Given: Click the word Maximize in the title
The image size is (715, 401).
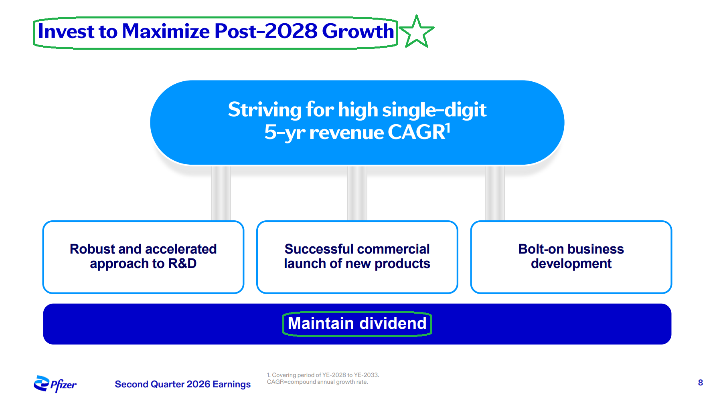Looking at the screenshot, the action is click(x=166, y=31).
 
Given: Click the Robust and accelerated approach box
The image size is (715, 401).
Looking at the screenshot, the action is click(x=143, y=257).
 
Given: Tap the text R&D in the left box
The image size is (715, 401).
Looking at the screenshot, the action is click(x=182, y=264).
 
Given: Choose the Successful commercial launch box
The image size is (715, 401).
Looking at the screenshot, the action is click(x=357, y=257).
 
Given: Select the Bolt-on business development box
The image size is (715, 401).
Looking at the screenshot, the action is click(x=571, y=257).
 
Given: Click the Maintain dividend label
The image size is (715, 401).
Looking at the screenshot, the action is click(x=357, y=323).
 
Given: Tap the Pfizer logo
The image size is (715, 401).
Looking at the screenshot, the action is click(x=55, y=384).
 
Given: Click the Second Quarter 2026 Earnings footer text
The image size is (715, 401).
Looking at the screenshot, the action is click(x=182, y=384).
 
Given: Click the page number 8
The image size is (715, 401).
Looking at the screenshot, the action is click(x=701, y=383).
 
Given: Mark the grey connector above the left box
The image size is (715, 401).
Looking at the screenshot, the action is click(x=221, y=193).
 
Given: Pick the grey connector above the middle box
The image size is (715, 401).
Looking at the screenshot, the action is click(x=357, y=193).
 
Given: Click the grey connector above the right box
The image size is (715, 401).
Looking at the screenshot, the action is click(x=495, y=193).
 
